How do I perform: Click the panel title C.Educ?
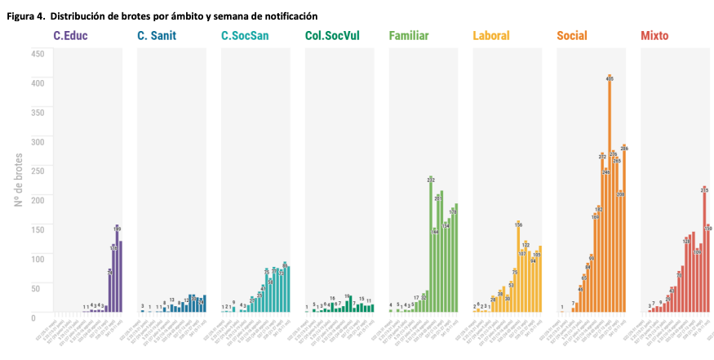tap(70, 35)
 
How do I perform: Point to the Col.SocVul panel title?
tap(332, 35)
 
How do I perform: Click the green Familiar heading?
tap(409, 35)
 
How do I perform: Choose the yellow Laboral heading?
tap(491, 35)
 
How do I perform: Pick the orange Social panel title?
tap(572, 35)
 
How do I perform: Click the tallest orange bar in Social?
tap(610, 196)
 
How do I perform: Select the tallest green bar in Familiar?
tap(431, 245)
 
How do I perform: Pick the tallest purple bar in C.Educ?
tap(117, 269)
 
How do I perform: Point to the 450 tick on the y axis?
tap(38, 54)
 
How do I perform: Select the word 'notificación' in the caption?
tap(288, 16)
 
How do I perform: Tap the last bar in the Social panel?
tap(624, 229)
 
